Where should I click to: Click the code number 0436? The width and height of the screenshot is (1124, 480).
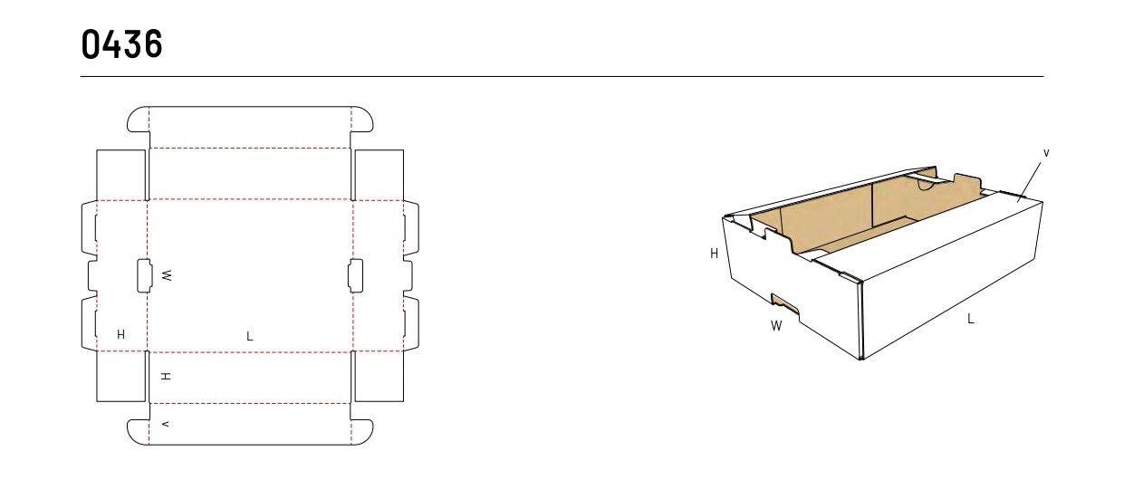click(122, 44)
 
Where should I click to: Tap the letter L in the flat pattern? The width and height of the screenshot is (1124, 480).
click(250, 336)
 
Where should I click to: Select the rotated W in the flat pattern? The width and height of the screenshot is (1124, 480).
click(167, 275)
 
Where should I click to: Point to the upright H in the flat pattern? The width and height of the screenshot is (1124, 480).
click(121, 334)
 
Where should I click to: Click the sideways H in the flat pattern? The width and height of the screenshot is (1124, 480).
click(166, 376)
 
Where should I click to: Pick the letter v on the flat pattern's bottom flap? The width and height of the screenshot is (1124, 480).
click(165, 425)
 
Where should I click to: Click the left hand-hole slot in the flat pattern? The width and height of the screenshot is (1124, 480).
click(145, 275)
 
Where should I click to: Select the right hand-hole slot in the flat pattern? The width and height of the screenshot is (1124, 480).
click(355, 275)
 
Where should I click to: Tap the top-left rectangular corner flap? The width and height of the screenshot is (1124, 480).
click(121, 175)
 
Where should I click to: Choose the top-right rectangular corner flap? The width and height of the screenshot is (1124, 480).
click(379, 175)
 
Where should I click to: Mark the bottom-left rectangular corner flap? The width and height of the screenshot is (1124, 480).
click(121, 377)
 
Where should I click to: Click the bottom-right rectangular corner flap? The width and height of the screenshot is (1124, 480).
click(379, 377)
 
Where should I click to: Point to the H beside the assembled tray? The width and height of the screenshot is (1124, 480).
click(714, 254)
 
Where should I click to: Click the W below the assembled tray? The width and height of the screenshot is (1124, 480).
click(776, 326)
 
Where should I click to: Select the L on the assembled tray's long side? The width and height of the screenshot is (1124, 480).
click(971, 319)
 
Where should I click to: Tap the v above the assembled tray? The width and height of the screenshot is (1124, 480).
click(1046, 153)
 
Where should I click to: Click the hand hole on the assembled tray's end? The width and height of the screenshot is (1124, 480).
click(785, 305)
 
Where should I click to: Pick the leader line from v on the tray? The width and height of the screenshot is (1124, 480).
click(1029, 182)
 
